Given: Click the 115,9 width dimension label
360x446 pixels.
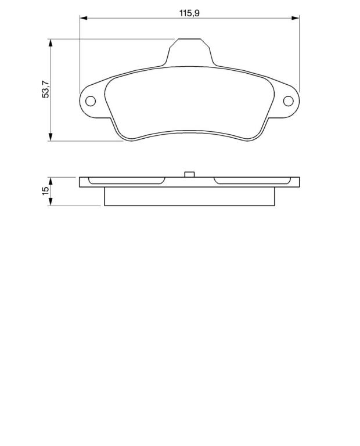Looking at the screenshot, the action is coord(189,13).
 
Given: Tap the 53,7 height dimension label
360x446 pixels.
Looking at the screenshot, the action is coord(45,89).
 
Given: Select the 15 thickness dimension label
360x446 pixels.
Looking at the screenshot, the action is coord(45,191).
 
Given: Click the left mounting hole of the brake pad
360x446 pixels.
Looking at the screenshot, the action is coord(91,101).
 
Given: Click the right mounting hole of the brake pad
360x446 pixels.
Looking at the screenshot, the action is coord(289,101).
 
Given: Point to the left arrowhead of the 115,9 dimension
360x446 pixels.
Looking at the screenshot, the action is coord(83,18).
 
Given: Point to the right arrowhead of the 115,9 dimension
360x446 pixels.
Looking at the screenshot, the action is coord(296,18).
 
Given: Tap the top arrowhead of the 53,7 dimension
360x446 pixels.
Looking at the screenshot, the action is coord(51,42).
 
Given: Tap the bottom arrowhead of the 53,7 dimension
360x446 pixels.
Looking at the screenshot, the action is coord(51,137).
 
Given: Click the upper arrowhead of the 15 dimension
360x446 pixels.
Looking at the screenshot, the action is coord(51,181).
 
